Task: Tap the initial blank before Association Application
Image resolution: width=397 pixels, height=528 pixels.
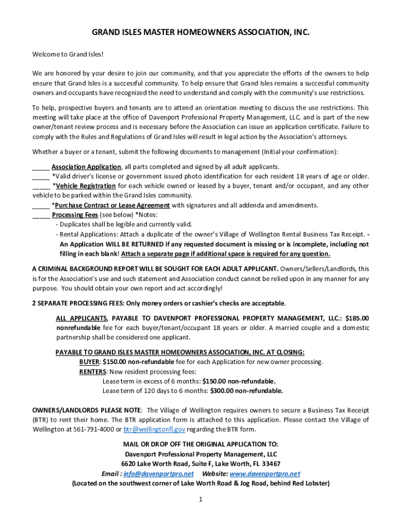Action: point(41,167)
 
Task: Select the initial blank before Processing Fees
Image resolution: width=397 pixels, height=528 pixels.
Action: point(41,215)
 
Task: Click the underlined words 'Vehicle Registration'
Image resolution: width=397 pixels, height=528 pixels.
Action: point(86,186)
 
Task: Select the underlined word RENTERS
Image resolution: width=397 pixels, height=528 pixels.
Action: point(93,372)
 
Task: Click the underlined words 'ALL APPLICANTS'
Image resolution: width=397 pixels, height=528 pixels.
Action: point(81,318)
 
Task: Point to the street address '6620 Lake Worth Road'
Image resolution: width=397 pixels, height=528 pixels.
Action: point(154,464)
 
